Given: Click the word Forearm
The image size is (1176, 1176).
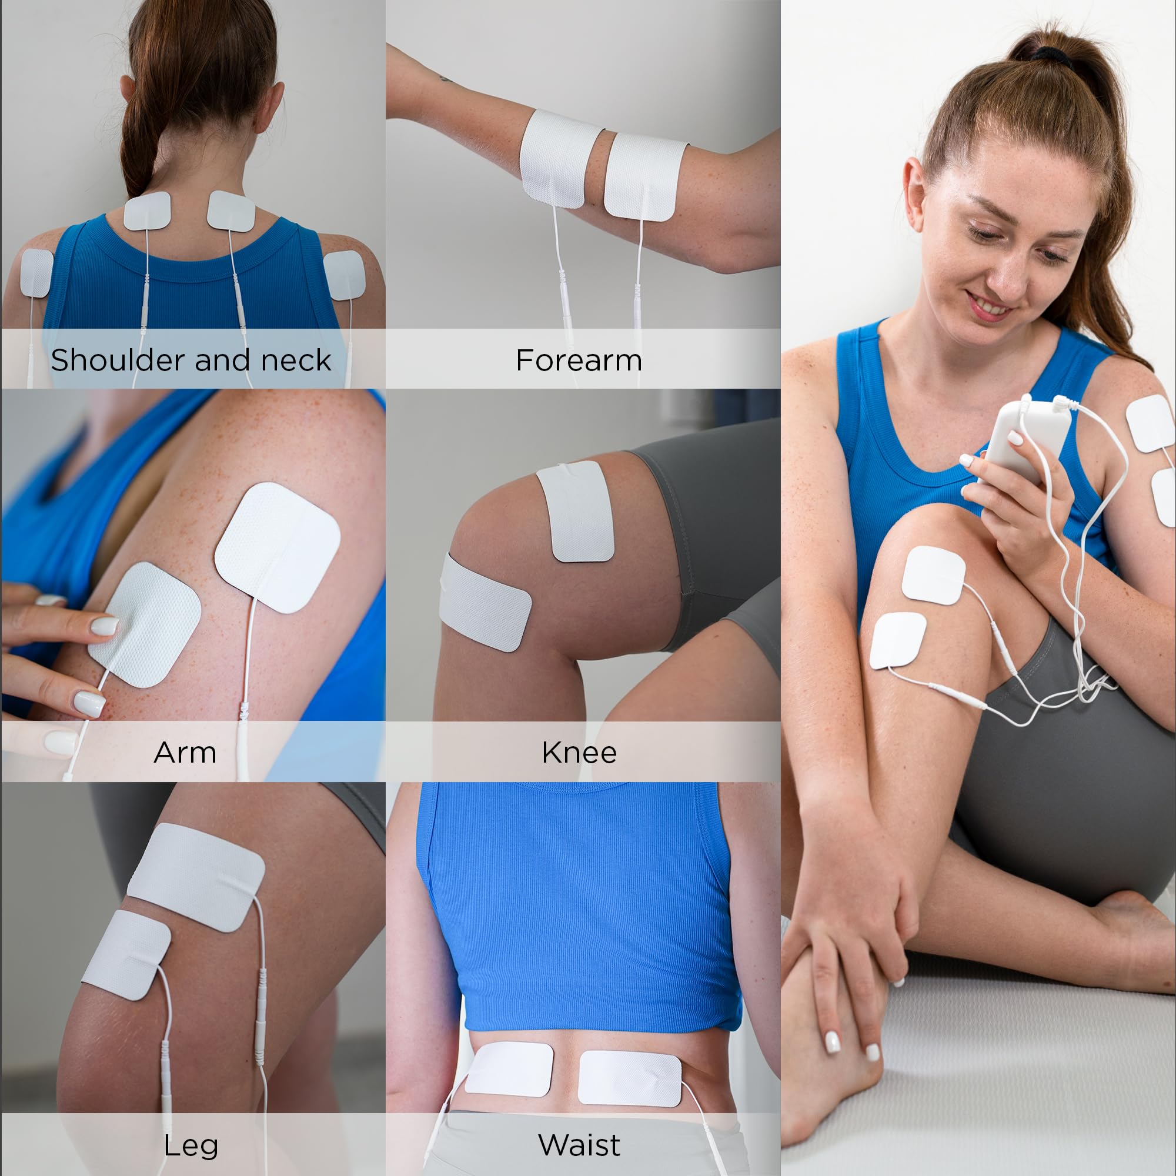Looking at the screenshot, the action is click(578, 360).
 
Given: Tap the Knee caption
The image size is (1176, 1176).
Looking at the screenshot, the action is click(579, 753).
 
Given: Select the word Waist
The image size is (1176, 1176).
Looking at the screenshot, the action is click(579, 1145).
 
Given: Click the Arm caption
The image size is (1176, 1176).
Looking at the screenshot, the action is click(185, 753).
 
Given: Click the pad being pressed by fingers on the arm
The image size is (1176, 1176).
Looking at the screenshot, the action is click(145, 624).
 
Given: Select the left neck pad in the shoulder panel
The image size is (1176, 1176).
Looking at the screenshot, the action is click(146, 211).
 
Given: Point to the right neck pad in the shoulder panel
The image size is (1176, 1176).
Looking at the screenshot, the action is click(230, 211).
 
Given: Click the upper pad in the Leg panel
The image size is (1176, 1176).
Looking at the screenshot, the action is click(196, 877).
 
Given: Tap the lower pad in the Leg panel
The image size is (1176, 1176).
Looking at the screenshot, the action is click(126, 955).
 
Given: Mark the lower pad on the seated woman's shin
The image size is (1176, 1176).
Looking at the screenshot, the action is click(898, 641).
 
